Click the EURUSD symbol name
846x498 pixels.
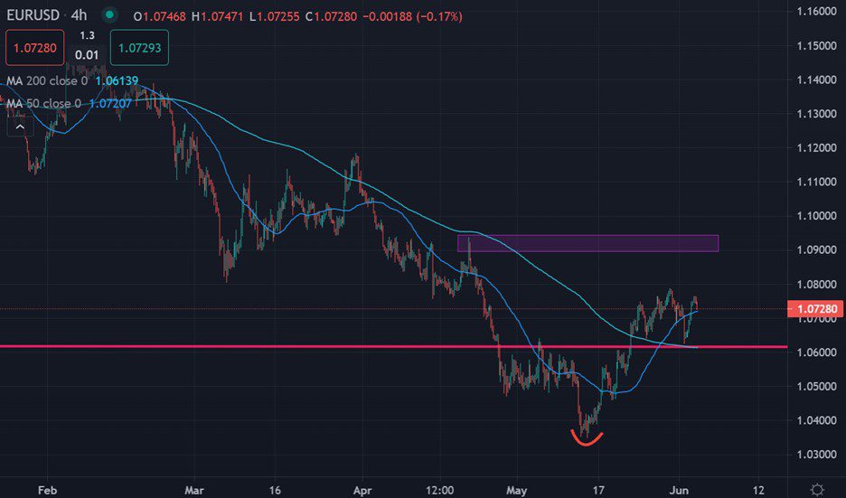point(35,15)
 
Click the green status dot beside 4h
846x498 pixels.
point(109,15)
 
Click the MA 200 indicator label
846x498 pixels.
point(46,81)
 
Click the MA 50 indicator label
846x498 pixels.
point(43,104)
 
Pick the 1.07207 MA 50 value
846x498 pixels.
point(109,104)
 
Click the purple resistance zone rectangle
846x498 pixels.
point(587,242)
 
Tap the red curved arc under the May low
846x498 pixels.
point(587,440)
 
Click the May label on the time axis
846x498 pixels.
point(516,489)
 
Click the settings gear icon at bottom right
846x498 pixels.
point(817,489)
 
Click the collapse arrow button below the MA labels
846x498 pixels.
point(18,127)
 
